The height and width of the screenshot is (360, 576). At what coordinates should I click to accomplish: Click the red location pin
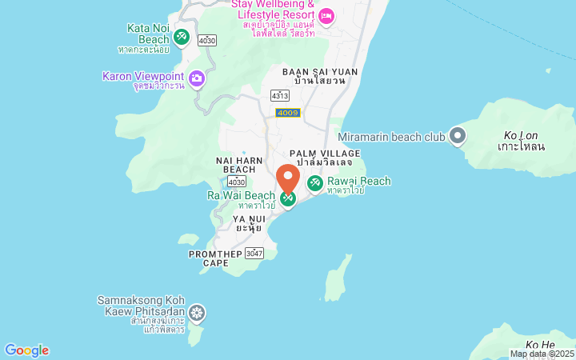288,178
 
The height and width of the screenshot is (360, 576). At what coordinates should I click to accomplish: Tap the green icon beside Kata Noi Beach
182,36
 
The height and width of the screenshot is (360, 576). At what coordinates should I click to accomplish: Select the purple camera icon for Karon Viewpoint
197,78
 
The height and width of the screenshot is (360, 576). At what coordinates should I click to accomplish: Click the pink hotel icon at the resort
326,16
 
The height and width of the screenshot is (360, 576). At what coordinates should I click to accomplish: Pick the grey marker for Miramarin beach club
458,137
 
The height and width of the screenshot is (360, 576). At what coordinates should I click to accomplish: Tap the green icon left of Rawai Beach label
315,184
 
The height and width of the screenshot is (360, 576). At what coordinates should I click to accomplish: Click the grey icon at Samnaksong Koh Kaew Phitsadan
196,313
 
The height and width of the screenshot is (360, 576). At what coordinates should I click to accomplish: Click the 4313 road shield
280,95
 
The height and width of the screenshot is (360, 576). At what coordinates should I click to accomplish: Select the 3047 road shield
254,254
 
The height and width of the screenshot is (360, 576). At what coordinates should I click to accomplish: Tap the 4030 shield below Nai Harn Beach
236,183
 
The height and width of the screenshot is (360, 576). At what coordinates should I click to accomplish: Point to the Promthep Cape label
215,258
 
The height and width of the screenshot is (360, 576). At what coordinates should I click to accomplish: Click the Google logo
26,350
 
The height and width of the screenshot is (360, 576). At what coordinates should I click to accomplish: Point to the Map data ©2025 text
542,354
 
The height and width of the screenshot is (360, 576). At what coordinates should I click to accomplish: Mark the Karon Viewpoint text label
143,76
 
